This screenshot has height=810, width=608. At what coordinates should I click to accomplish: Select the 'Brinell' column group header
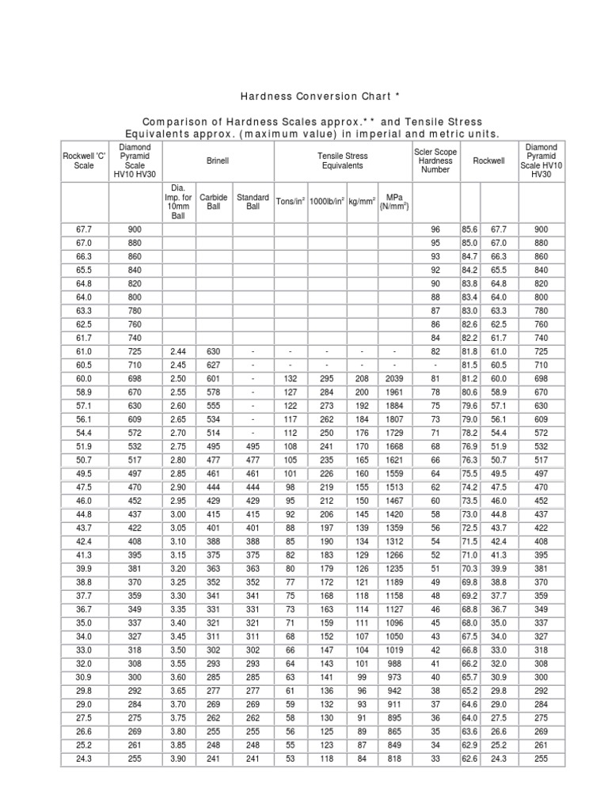click(217, 161)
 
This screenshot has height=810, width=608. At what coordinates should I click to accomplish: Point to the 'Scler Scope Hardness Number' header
click(435, 161)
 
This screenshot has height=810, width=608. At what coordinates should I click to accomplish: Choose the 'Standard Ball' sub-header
click(253, 202)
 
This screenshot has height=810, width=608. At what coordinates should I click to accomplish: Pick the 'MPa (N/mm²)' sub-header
click(393, 202)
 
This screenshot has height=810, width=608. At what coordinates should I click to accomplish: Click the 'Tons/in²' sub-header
click(291, 202)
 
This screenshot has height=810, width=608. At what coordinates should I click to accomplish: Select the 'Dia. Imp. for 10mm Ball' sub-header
click(178, 202)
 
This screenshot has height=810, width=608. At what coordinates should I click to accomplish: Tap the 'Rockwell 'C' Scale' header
click(84, 161)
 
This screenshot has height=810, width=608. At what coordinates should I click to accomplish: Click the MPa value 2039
click(393, 379)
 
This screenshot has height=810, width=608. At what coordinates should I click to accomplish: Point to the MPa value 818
click(393, 759)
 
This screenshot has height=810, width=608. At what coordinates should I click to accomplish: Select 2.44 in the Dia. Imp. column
click(178, 350)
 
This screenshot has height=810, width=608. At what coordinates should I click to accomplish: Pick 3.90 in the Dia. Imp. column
click(178, 759)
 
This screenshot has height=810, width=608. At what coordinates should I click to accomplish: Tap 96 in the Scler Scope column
click(435, 229)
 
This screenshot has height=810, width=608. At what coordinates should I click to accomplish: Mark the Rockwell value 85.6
click(470, 229)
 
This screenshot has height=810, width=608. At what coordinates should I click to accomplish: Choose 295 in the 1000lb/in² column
click(326, 379)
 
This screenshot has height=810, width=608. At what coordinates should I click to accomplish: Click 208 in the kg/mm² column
click(362, 379)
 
